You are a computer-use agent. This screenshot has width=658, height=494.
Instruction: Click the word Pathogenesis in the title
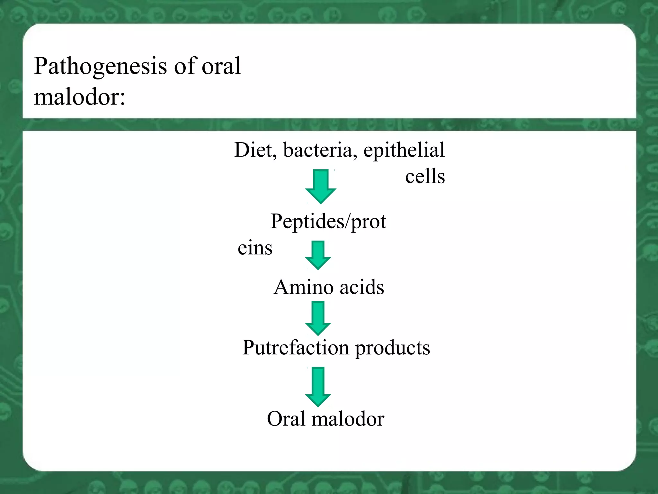point(101,67)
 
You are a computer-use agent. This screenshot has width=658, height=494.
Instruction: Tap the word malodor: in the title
point(79,97)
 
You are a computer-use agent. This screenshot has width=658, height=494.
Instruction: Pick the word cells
point(425,177)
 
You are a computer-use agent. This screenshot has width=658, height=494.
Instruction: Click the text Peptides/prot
point(328,222)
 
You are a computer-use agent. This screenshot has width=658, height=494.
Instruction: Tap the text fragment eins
point(255,248)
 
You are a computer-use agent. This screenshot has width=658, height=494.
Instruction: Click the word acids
point(362,287)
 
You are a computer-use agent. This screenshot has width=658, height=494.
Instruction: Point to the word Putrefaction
point(296,348)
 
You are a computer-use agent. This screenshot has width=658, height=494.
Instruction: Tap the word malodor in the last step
point(348,419)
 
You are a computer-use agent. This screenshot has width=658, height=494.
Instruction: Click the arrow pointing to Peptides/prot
point(320,187)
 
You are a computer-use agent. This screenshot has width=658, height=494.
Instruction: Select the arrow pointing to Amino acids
point(318,255)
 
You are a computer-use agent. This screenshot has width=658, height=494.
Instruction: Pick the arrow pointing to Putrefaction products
point(318,318)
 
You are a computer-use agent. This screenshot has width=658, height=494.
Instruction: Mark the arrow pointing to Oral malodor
point(318,387)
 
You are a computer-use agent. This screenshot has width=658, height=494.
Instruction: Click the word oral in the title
point(221,66)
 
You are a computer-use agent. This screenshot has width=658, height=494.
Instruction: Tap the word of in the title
point(185,66)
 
